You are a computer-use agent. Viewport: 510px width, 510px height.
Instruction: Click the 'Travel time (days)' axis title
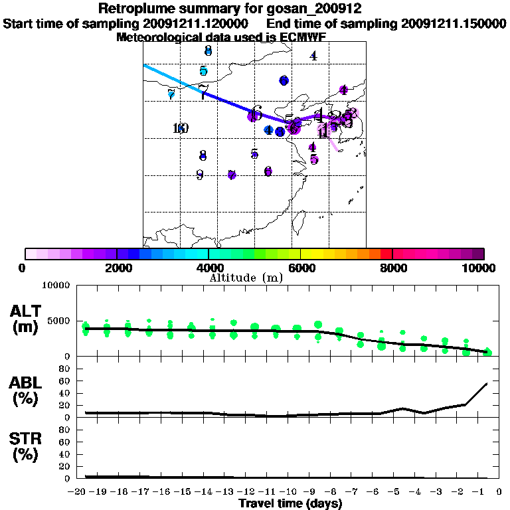290,504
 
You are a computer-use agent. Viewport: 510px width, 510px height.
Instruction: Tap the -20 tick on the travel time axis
78,493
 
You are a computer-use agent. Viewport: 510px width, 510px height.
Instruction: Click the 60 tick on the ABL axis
65,381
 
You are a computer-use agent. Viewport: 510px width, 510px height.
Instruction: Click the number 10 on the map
180,128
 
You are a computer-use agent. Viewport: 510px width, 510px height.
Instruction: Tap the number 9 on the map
199,175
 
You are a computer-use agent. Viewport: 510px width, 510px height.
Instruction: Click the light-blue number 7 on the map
171,94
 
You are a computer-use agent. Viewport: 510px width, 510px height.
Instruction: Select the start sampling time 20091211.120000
199,23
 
